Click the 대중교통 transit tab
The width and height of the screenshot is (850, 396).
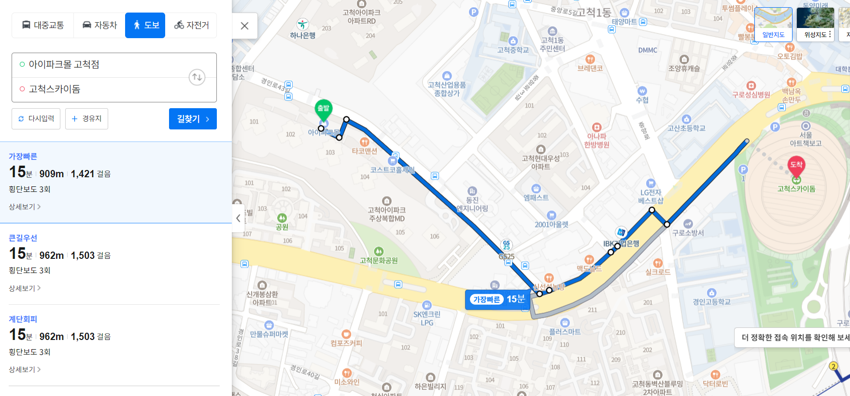pyautogui.click(x=43, y=25)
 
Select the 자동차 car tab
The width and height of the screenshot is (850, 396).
pyautogui.click(x=100, y=25)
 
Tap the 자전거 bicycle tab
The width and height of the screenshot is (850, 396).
pyautogui.click(x=192, y=25)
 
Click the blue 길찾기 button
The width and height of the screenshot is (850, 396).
pyautogui.click(x=193, y=119)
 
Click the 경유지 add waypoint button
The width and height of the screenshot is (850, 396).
pyautogui.click(x=87, y=119)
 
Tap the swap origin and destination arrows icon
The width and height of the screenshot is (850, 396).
pyautogui.click(x=197, y=77)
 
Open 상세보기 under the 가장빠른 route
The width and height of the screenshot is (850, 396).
pyautogui.click(x=25, y=207)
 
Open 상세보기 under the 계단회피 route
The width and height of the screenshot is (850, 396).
pyautogui.click(x=25, y=369)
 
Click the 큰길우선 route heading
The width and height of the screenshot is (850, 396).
pyautogui.click(x=23, y=238)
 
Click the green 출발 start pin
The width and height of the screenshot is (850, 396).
pyautogui.click(x=323, y=109)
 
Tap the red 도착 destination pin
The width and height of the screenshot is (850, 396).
pyautogui.click(x=796, y=166)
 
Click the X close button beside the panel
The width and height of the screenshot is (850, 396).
pyautogui.click(x=245, y=26)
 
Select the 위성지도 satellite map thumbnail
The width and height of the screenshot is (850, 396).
pyautogui.click(x=815, y=24)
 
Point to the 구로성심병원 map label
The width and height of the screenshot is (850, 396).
pyautogui.click(x=751, y=95)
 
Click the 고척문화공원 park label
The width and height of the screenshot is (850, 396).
pyautogui.click(x=379, y=260)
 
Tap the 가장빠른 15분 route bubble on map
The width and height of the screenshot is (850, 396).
pyautogui.click(x=498, y=299)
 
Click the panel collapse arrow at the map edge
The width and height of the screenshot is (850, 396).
pyautogui.click(x=238, y=218)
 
